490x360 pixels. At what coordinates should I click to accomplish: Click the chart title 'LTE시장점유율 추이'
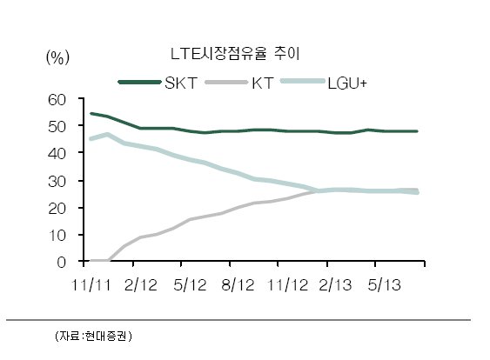(x=235, y=54)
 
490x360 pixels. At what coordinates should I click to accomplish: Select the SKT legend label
(x=181, y=83)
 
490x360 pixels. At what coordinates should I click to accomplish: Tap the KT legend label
(x=263, y=83)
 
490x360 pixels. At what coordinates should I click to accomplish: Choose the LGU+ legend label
(x=347, y=83)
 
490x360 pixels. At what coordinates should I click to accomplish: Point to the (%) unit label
(x=57, y=57)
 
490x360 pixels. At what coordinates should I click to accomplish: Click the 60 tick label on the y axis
(x=57, y=100)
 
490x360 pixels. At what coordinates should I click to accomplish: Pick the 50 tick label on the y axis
(x=57, y=126)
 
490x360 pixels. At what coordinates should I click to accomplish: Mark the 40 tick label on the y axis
(x=57, y=153)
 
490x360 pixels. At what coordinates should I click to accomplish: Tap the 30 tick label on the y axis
(x=57, y=182)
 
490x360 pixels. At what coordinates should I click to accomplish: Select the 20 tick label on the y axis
(x=57, y=209)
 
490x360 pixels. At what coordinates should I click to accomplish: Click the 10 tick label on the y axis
(x=57, y=236)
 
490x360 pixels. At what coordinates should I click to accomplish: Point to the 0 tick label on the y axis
(x=62, y=263)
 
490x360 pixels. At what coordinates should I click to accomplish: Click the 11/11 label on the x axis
(x=91, y=285)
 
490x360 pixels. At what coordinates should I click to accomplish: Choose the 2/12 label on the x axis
(x=141, y=285)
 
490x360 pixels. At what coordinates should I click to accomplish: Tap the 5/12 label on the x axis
(x=190, y=285)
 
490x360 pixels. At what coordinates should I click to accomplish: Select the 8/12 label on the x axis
(x=238, y=285)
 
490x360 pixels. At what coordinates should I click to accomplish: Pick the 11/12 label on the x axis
(x=288, y=285)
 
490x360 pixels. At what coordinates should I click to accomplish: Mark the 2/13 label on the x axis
(x=335, y=285)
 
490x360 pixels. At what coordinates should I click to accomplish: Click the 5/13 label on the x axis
(x=384, y=285)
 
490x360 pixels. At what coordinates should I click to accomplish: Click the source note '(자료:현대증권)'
(x=93, y=336)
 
